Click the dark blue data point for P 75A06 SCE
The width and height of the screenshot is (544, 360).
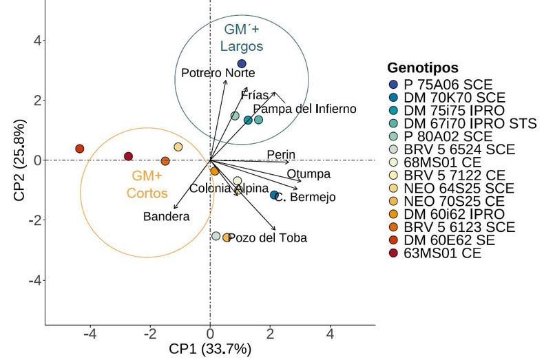pyautogui.click(x=242, y=64)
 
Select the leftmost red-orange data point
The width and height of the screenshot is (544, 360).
pyautogui.click(x=80, y=149)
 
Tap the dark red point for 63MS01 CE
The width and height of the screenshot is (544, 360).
pyautogui.click(x=128, y=156)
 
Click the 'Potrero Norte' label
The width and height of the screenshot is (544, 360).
pyautogui.click(x=218, y=73)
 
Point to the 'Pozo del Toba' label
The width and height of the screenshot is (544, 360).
pyautogui.click(x=267, y=238)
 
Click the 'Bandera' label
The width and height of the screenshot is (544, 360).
pyautogui.click(x=166, y=216)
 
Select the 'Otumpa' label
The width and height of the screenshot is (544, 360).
pyautogui.click(x=308, y=173)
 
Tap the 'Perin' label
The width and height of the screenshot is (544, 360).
pyautogui.click(x=281, y=155)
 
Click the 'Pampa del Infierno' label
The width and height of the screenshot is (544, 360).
pyautogui.click(x=304, y=109)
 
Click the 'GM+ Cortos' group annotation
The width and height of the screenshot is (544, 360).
pyautogui.click(x=147, y=184)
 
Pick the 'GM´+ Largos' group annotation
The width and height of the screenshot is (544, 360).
pyautogui.click(x=242, y=37)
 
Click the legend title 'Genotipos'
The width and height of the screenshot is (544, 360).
pyautogui.click(x=423, y=67)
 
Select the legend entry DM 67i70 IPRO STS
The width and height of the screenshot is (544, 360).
pyautogui.click(x=463, y=123)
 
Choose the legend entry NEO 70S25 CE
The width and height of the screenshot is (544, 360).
pyautogui.click(x=446, y=201)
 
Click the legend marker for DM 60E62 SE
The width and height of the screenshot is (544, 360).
pyautogui.click(x=393, y=240)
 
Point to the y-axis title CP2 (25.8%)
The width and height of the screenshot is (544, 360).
pyautogui.click(x=20, y=160)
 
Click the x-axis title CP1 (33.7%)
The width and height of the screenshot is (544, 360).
pyautogui.click(x=210, y=349)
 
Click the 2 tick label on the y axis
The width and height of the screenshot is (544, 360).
pyautogui.click(x=37, y=100)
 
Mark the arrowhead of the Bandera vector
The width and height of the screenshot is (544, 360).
pyautogui.click(x=174, y=208)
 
